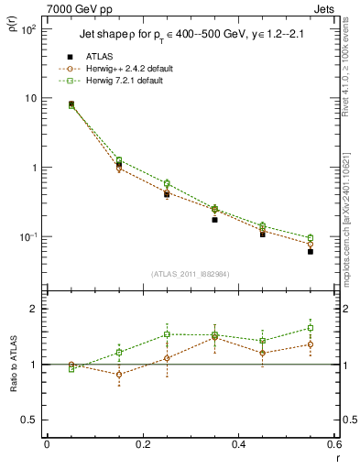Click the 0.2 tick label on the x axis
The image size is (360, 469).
point(142,445)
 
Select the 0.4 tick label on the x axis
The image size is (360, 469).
point(238,445)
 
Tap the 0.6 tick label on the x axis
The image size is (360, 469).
point(333,445)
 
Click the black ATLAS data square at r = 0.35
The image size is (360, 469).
point(214,220)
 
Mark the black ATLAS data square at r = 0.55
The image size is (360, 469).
point(311,251)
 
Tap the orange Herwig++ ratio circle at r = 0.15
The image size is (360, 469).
point(119,374)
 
